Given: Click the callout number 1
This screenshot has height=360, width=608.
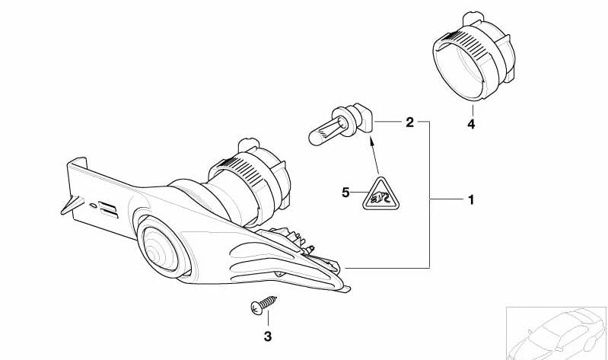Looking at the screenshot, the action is tap(471, 200).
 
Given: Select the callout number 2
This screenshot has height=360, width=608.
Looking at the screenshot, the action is tap(410, 123).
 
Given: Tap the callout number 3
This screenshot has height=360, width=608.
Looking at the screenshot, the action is tap(268, 336).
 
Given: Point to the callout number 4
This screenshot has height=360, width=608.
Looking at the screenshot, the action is tap(471, 124).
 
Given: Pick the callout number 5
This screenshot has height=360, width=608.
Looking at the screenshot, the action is tap(345, 192).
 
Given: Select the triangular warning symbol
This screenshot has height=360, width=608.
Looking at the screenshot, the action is tap(381, 194).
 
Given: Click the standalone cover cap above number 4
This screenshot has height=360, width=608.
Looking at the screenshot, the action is tap(474, 56).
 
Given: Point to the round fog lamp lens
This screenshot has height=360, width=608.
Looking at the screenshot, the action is tap(160, 248).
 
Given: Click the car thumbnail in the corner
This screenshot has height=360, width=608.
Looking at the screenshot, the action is tap(557, 333).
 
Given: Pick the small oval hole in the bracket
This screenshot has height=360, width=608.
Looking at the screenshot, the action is tap(93, 205).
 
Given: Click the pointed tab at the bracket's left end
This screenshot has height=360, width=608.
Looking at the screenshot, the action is tap(72, 205).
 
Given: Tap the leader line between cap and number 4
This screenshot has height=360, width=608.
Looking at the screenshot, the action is tap(473, 110).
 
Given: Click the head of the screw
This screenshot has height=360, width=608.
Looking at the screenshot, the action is tap(256, 308).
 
